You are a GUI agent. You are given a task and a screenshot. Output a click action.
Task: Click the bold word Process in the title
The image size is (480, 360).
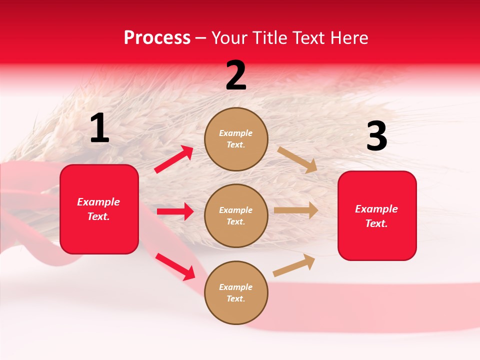[157, 38]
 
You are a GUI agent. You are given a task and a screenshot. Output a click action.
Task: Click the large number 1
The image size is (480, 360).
[99, 128]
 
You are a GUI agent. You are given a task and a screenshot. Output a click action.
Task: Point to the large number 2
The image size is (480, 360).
[236, 75]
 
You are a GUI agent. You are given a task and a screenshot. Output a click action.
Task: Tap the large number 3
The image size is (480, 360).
[376, 136]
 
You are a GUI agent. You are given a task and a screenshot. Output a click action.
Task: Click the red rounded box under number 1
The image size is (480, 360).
[99, 209]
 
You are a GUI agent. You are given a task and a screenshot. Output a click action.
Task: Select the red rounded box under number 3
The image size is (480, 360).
[377, 215]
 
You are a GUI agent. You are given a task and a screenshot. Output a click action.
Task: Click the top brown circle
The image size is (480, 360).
[236, 138]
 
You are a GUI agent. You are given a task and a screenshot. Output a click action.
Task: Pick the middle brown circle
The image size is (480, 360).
[236, 215]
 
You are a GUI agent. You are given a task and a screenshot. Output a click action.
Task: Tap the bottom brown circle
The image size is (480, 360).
[236, 292]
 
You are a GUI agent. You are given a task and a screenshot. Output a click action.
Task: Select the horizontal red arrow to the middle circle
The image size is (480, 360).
[175, 211]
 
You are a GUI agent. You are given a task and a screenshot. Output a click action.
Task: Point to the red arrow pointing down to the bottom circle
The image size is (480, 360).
[175, 266]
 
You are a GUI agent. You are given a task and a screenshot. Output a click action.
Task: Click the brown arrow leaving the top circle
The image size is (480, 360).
[297, 159]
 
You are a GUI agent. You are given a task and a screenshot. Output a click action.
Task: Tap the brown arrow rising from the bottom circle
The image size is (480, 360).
[294, 265]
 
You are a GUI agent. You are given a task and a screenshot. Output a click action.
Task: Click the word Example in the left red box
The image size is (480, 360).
[98, 202]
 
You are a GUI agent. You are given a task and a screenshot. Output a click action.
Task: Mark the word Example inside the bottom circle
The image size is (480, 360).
[235, 287]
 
